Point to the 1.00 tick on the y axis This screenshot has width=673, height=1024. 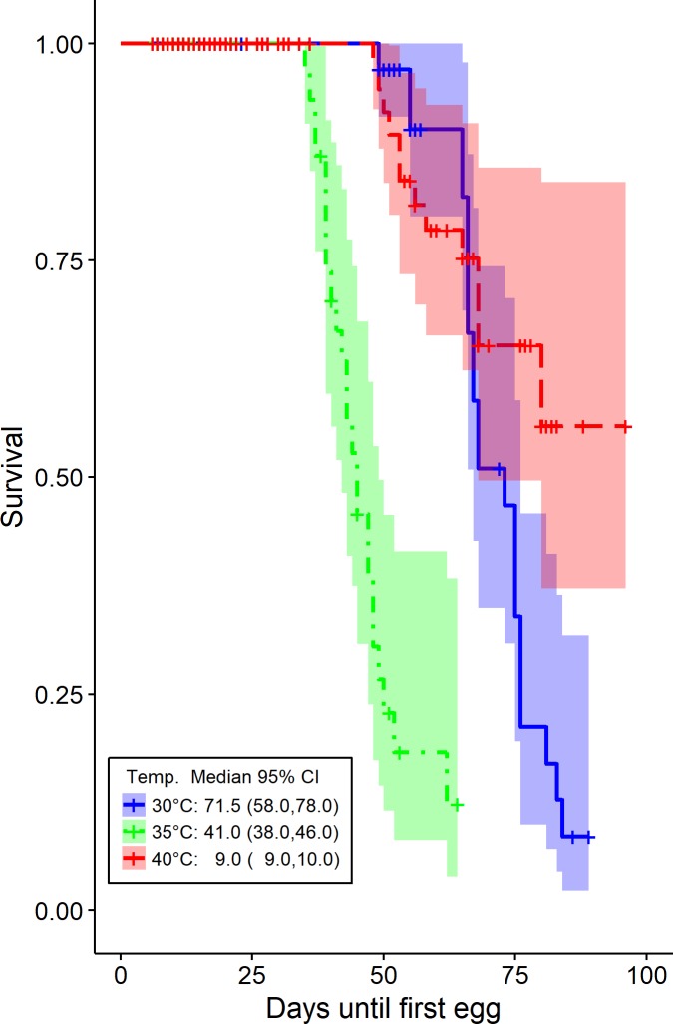[63, 44]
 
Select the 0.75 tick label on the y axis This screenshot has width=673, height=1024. [63, 260]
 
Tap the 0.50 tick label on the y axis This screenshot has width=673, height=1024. [63, 477]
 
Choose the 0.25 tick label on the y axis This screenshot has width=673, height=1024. [63, 694]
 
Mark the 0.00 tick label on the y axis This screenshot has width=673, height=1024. [63, 910]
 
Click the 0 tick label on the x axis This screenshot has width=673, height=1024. [121, 972]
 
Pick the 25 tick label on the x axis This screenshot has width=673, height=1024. [252, 972]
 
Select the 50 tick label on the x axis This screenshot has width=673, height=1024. [383, 972]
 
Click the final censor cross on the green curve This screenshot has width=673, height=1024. [457, 804]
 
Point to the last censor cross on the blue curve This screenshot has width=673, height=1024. [588, 837]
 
